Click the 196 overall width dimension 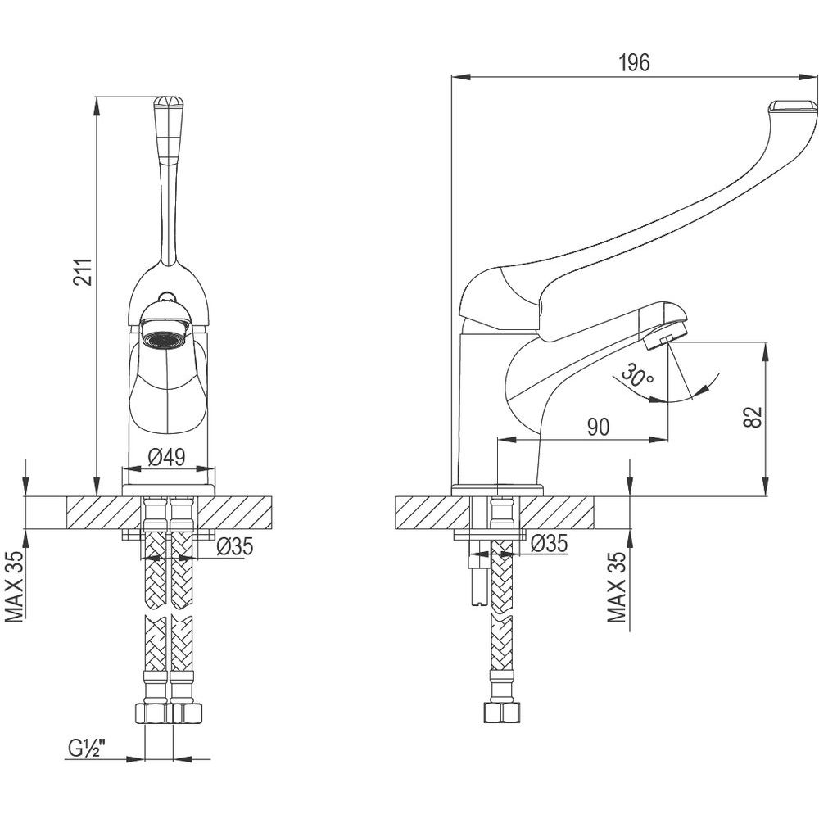pyautogui.click(x=635, y=64)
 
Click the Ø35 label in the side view pyautogui.click(x=549, y=542)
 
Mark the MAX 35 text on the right pyautogui.click(x=618, y=587)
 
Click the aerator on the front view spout pyautogui.click(x=167, y=336)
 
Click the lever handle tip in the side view pyautogui.click(x=793, y=107)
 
